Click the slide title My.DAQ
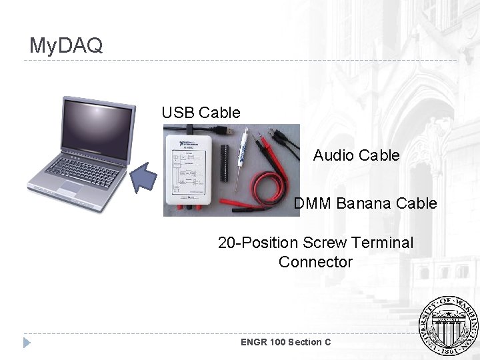click(66, 46)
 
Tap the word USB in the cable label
click(178, 113)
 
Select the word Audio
click(334, 155)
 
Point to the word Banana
click(365, 203)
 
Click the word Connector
click(315, 262)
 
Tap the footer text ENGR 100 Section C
click(285, 342)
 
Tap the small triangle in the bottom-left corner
click(27, 343)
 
